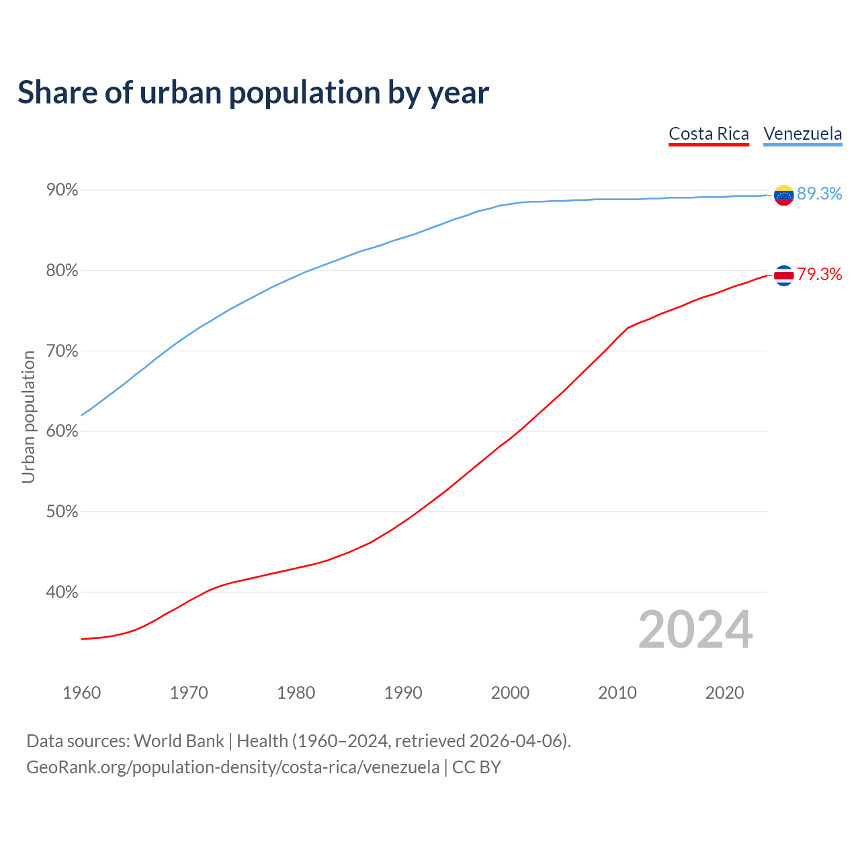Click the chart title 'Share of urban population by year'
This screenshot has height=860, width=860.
click(253, 93)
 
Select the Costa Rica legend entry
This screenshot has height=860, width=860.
click(709, 134)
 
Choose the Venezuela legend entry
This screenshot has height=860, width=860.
click(802, 134)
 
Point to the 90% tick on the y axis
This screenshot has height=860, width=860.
click(62, 191)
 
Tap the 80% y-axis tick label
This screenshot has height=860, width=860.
click(62, 271)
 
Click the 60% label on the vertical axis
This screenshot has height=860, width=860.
click(62, 431)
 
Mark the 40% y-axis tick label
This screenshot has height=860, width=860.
click(62, 593)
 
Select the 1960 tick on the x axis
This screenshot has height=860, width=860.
click(81, 693)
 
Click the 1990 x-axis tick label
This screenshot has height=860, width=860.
click(403, 693)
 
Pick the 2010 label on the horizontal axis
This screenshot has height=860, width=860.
click(617, 693)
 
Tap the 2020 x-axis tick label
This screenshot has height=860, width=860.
click(724, 693)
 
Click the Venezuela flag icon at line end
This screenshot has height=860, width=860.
click(783, 195)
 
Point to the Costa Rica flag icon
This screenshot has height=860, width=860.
click(783, 275)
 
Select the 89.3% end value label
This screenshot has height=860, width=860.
click(820, 194)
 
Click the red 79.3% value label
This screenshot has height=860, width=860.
click(820, 275)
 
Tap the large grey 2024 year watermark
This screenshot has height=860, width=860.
click(695, 630)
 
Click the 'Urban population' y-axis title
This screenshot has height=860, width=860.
click(28, 417)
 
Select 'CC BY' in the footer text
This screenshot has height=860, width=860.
click(476, 767)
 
